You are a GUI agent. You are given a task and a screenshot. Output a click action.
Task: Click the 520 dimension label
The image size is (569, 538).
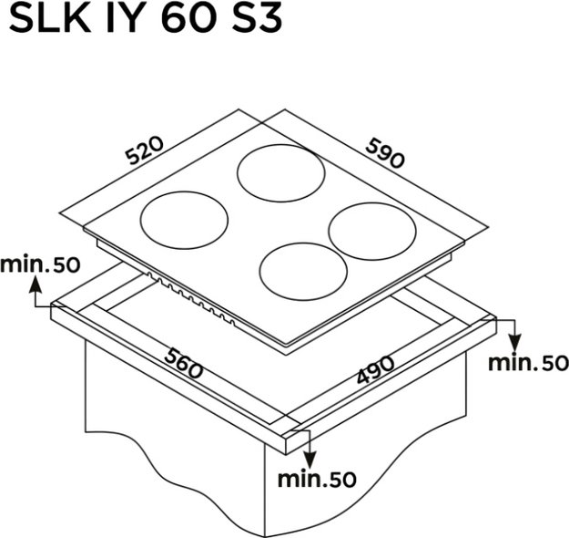pos(145,150)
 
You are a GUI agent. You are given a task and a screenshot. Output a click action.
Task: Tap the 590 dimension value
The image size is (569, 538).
pos(385,153)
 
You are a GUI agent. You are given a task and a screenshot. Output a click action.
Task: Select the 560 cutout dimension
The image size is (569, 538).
pos(184,363)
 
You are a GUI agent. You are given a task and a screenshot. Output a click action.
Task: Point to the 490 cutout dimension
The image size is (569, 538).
pos(375,369)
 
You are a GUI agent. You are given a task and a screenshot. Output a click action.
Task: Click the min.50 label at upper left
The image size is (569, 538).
pos(40,264)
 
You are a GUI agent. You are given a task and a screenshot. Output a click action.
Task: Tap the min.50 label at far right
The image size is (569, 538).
pos(528,363)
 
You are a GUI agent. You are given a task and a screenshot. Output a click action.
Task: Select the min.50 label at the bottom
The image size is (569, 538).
pos(317,479)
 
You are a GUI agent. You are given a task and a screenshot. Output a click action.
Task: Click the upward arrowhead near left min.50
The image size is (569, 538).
pos(36,284)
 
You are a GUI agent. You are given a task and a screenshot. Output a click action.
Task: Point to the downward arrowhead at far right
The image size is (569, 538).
pos(514,343)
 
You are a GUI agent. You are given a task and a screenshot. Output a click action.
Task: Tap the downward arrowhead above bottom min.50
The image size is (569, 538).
pos(310,459)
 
